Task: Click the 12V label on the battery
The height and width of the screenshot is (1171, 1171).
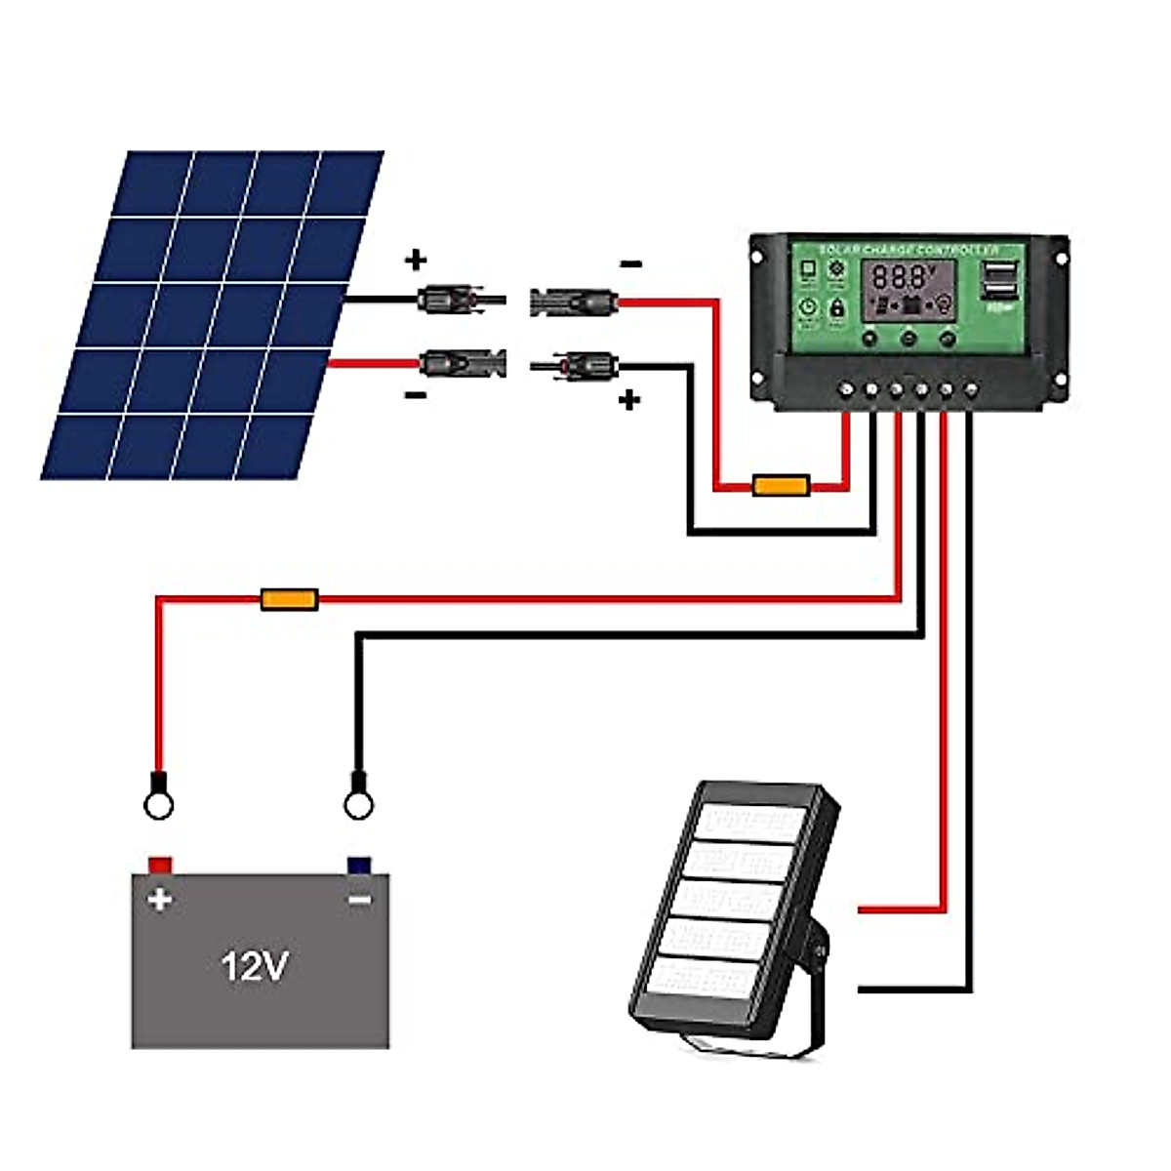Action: pyautogui.click(x=255, y=966)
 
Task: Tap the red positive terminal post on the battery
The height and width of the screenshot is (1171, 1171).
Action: pyautogui.click(x=160, y=865)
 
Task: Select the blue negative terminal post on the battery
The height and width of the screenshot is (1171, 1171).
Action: pyautogui.click(x=359, y=865)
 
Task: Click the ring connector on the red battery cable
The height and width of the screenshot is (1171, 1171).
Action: pyautogui.click(x=158, y=803)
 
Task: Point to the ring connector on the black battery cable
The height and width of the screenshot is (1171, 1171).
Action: pyautogui.click(x=358, y=803)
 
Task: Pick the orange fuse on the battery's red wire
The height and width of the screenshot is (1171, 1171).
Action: pyautogui.click(x=290, y=599)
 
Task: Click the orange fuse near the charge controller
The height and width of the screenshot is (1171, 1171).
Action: pyautogui.click(x=781, y=485)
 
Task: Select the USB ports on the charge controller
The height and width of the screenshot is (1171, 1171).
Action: pyautogui.click(x=996, y=282)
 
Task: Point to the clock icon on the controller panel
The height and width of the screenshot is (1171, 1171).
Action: pyautogui.click(x=808, y=308)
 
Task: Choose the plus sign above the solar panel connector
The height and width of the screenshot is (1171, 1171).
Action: pyautogui.click(x=416, y=260)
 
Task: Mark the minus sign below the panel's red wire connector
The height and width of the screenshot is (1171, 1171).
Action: pyautogui.click(x=416, y=395)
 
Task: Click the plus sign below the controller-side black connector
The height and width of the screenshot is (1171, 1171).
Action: pyautogui.click(x=629, y=399)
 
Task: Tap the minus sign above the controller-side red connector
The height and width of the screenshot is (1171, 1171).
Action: pyautogui.click(x=631, y=263)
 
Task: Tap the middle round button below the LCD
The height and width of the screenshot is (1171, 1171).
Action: pyautogui.click(x=909, y=339)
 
